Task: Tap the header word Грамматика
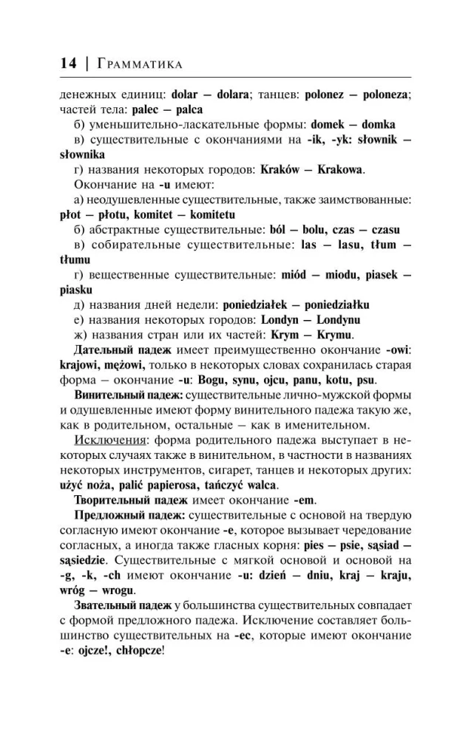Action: (138, 65)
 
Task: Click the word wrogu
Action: (117, 590)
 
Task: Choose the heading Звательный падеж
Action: (116, 605)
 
